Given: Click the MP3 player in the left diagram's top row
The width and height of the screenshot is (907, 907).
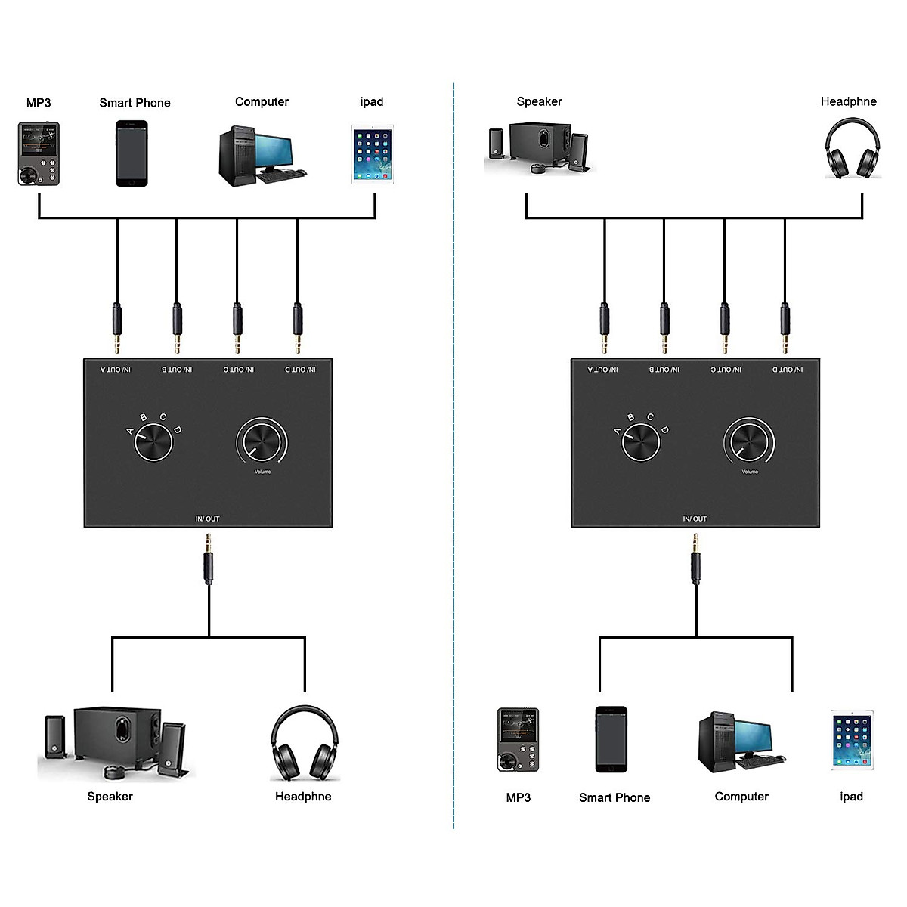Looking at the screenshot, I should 39,154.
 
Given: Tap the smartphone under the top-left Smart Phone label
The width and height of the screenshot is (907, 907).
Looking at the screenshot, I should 132,153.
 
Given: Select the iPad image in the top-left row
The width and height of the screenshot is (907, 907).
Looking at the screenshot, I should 373,155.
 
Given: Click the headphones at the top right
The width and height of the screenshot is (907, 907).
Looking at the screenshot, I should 852,149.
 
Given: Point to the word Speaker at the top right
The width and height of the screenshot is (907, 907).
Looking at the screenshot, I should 539,101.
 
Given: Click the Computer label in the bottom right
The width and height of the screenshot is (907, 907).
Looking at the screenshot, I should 741,797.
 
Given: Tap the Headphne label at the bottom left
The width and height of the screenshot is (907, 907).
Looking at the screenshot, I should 302,797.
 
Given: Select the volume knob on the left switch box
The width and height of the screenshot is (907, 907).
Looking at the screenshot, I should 262,441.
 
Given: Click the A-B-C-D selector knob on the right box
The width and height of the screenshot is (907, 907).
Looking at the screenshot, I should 641,441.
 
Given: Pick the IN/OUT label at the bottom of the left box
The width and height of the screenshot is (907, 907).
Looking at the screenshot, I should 207,519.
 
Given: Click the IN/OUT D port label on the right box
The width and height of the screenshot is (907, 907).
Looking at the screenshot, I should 787,370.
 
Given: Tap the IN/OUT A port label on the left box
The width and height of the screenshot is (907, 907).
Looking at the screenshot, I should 116,370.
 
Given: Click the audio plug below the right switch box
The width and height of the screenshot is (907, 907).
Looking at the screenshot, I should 695,559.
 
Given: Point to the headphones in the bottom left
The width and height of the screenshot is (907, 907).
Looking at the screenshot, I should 304,744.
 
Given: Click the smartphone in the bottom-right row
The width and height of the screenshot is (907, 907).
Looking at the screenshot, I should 611,739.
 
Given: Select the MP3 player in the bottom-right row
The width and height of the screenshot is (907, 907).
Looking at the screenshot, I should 518,739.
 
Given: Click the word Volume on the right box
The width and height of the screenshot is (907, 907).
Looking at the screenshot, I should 750,472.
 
